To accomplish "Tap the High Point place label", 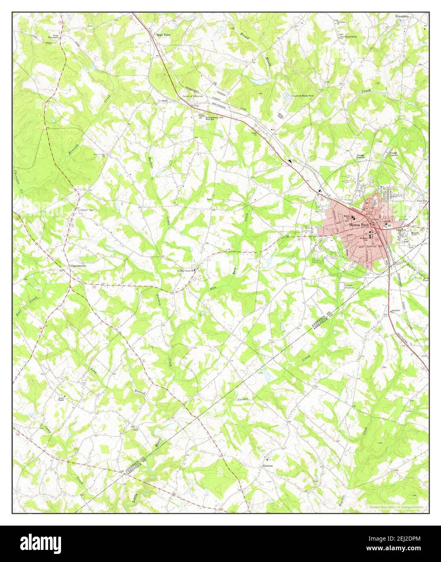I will [164, 35].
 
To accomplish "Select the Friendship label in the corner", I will [403, 16].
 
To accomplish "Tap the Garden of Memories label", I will [194, 96].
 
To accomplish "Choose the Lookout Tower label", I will [82, 210].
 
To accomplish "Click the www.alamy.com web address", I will [403, 549].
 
